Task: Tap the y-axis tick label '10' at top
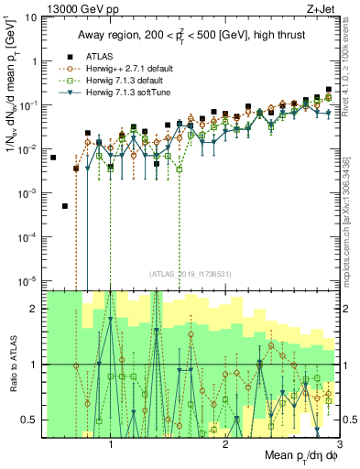pyautogui.click(x=30, y=17)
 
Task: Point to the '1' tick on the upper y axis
pyautogui.click(x=34, y=61)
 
